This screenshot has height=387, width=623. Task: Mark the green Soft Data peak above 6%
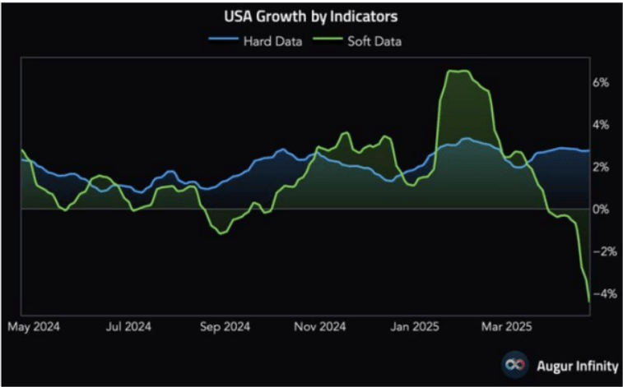[x=457, y=71]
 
